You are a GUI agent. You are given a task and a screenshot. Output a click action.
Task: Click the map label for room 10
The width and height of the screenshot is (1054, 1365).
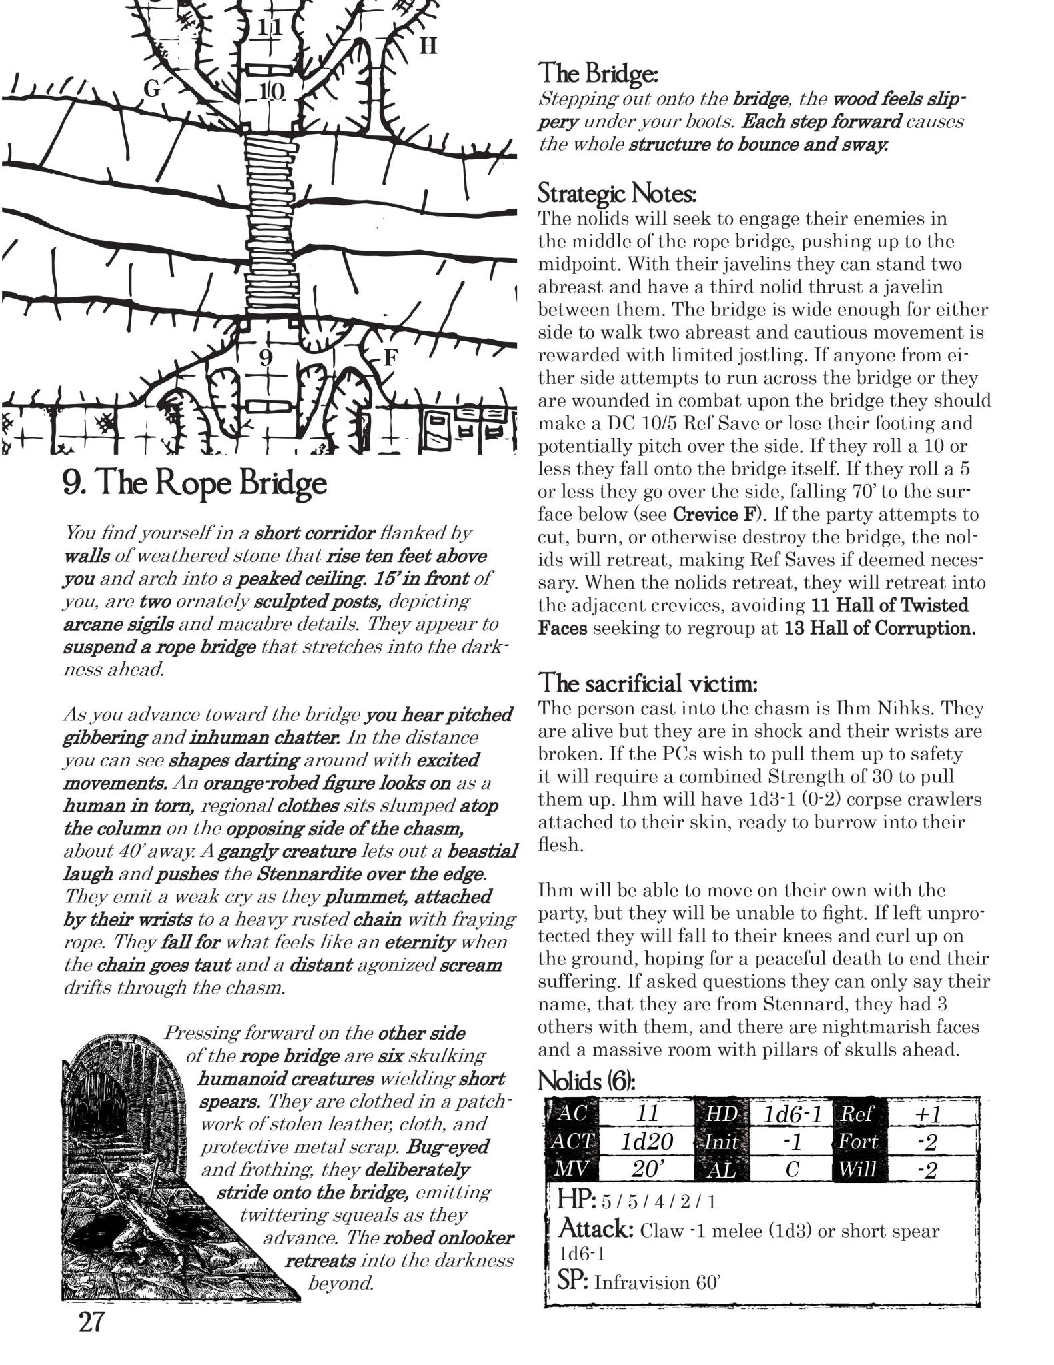click(270, 91)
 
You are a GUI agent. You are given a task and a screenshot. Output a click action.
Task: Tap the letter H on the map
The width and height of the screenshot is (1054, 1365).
click(428, 47)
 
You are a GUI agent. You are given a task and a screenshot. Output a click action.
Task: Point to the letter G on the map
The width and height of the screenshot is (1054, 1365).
click(152, 89)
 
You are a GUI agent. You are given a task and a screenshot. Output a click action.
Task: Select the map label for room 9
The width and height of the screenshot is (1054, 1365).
click(266, 359)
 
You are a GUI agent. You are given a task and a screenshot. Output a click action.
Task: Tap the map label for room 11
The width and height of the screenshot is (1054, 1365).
click(270, 28)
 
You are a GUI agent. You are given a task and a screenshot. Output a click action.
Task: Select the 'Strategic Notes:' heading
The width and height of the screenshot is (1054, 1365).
click(617, 195)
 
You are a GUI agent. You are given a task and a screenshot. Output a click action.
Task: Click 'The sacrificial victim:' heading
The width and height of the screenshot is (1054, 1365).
click(647, 683)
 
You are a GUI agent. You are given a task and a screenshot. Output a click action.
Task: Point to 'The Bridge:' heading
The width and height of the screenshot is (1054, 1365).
click(598, 73)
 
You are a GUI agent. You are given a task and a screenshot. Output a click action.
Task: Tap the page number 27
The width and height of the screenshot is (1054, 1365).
click(89, 1322)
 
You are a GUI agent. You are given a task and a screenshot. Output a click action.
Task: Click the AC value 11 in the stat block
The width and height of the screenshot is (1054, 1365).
click(646, 1113)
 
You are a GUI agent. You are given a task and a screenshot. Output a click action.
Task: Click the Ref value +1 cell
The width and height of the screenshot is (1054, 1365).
click(927, 1113)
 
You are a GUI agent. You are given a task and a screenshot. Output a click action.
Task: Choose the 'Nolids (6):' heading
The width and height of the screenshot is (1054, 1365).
click(586, 1081)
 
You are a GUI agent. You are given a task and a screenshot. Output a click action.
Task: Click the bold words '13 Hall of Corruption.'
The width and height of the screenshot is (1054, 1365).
click(879, 629)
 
